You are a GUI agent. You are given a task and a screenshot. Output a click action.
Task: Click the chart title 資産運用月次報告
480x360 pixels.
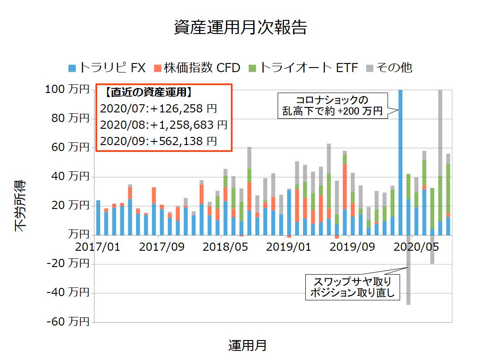pyautogui.click(x=240, y=28)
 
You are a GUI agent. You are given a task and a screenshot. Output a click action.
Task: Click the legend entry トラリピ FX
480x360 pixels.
pyautogui.click(x=107, y=68)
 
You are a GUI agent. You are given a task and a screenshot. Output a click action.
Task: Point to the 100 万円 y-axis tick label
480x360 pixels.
pyautogui.click(x=67, y=90)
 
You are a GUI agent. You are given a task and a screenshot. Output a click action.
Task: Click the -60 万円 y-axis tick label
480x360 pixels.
pyautogui.click(x=67, y=322)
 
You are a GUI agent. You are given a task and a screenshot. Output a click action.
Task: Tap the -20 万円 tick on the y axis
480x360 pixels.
pyautogui.click(x=67, y=264)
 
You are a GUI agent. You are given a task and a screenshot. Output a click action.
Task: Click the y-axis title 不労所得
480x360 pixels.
pyautogui.click(x=21, y=206)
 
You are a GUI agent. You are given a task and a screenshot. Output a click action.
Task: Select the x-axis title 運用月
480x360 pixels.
pyautogui.click(x=247, y=345)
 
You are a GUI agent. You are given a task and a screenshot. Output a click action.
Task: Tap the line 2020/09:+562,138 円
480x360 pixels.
pyautogui.click(x=158, y=141)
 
